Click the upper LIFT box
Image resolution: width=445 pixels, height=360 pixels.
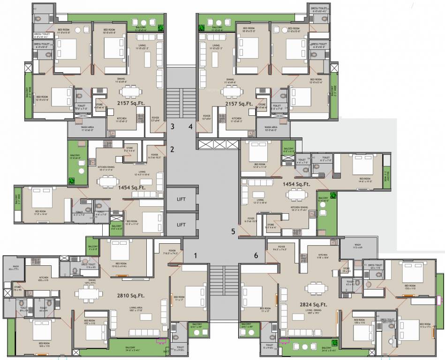point(181,199)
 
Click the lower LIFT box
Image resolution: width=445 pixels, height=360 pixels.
point(181,225)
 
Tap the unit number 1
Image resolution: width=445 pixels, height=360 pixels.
point(196,255)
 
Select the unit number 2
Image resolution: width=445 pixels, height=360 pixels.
point(172,150)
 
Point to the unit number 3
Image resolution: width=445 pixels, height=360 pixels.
point(172,126)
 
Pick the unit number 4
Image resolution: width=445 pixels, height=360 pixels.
point(190,126)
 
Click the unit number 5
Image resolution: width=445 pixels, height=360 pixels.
point(233,231)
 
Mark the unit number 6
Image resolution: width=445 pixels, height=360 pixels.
point(256,255)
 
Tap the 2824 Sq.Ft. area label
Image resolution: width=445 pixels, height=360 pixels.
point(314,305)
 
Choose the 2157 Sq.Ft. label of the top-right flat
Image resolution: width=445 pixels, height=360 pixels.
point(239,104)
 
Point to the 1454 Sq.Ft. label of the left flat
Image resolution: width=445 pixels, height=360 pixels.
point(132,187)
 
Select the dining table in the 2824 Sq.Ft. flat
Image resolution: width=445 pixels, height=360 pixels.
point(313,287)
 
